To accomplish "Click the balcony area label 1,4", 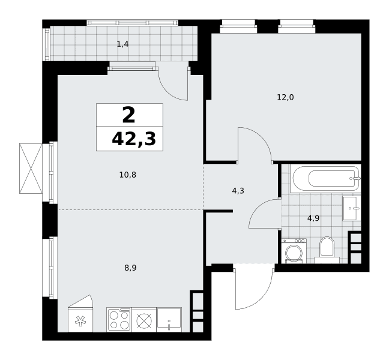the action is [122, 44].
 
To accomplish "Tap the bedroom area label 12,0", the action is [285, 97].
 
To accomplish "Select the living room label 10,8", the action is [128, 175].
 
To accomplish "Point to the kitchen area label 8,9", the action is [130, 268].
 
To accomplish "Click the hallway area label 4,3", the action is [238, 191].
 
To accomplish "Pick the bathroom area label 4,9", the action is [313, 218].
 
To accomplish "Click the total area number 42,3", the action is [134, 139].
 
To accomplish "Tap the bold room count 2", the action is [128, 115].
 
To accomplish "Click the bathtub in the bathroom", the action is [325, 179].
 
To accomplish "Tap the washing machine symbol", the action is [294, 251].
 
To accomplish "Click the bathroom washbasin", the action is [352, 208].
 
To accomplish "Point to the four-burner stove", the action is [119, 320].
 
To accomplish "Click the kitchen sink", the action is [169, 320].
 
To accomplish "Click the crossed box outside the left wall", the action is [31, 169].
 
